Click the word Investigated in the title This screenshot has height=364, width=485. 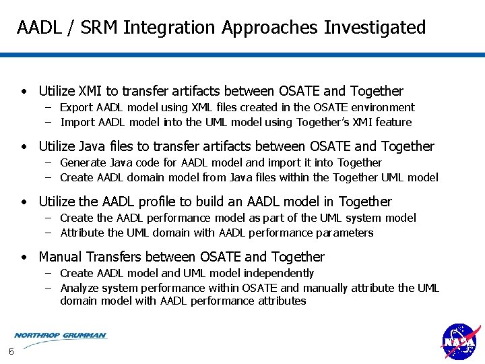(375, 28)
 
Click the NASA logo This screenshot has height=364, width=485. (460, 342)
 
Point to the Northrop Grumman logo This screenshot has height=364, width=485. (60, 335)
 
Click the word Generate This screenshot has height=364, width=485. (84, 163)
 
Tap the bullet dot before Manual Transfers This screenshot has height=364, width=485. (24, 257)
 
